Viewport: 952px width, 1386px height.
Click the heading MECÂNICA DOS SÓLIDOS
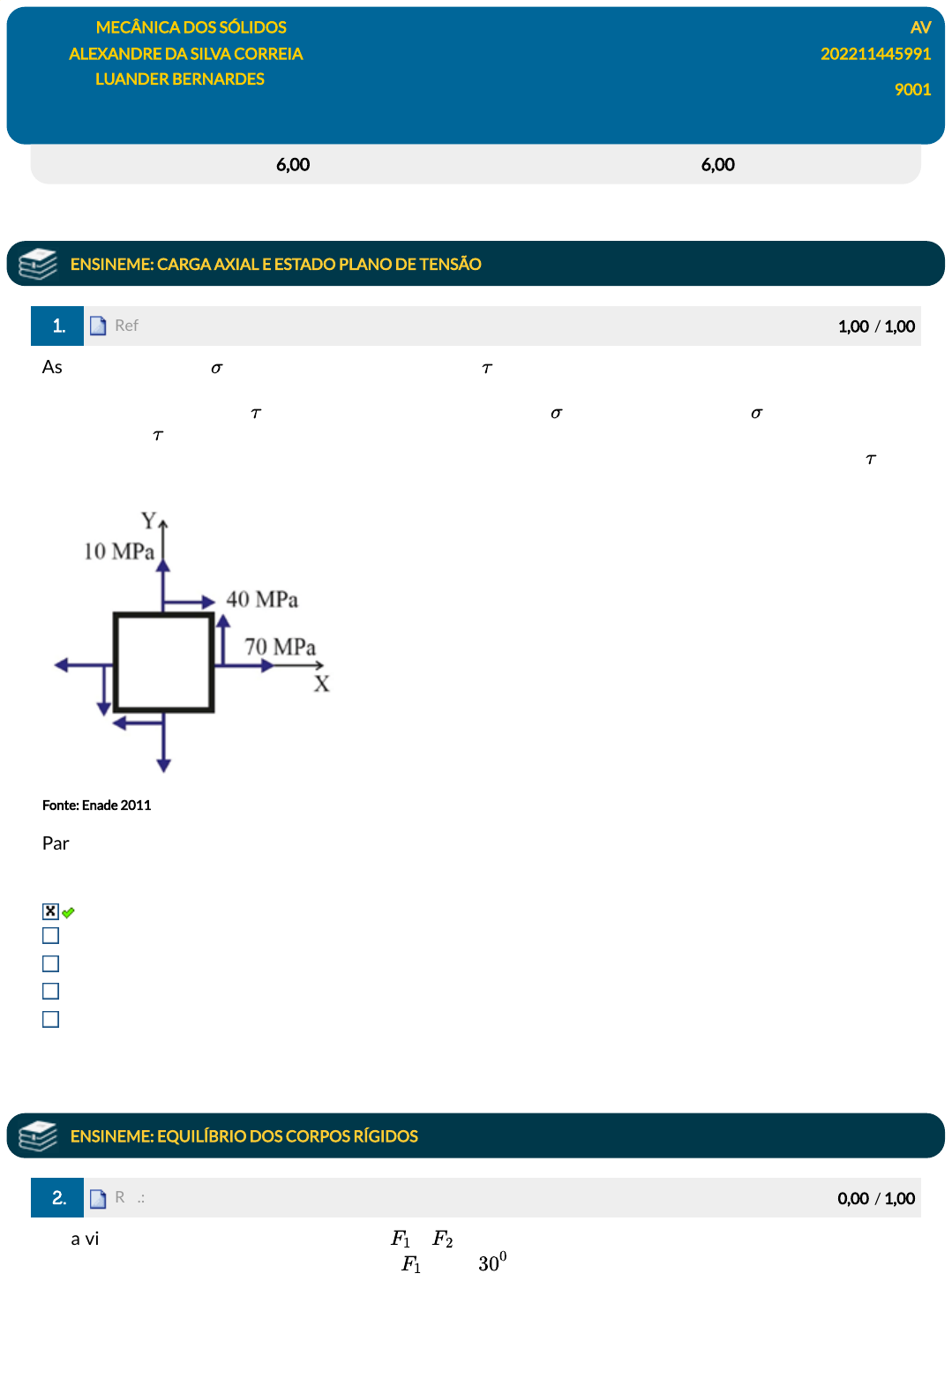[191, 27]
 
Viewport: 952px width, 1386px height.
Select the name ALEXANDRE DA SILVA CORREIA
[185, 54]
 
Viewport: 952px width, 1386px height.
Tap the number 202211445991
[875, 54]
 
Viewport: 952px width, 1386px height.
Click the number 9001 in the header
[912, 89]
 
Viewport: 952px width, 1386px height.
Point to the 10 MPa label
[119, 551]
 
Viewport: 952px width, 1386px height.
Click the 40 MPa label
[262, 599]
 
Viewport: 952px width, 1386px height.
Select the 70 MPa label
[280, 647]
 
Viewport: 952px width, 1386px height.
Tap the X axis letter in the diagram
[321, 684]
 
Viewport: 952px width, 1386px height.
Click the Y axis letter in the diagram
[148, 521]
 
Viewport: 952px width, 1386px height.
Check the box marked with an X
[51, 910]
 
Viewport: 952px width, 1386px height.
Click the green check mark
[68, 912]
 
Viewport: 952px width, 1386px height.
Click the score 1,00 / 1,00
[876, 326]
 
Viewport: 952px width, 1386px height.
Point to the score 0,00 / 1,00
[876, 1198]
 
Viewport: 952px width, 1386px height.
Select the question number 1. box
[57, 326]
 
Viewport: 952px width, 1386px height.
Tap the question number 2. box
[57, 1197]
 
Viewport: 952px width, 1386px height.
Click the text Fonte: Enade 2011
[96, 805]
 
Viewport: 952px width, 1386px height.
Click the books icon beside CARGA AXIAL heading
[38, 264]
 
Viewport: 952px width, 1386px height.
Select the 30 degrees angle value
[492, 1262]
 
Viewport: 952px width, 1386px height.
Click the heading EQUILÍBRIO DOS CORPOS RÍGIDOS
[244, 1136]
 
